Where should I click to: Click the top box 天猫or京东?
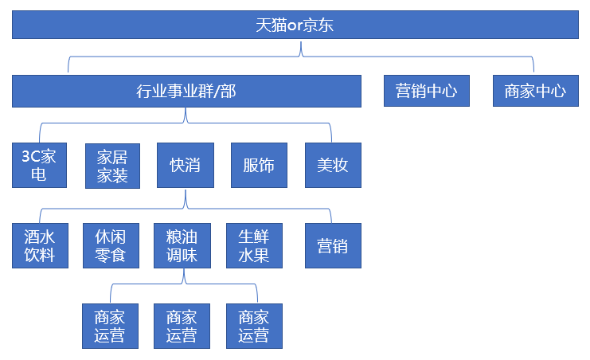click(x=295, y=25)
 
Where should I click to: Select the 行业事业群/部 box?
click(x=186, y=91)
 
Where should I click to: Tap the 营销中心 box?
click(x=426, y=91)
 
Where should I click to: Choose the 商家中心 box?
click(x=535, y=91)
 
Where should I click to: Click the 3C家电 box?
click(x=39, y=166)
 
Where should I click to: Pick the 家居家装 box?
click(x=112, y=166)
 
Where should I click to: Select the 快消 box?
click(x=185, y=166)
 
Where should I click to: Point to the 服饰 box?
click(x=258, y=166)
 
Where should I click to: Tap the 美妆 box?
click(x=333, y=166)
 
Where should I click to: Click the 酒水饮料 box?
click(x=39, y=246)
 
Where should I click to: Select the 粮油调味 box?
click(x=182, y=246)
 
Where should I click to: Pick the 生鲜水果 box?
click(x=254, y=246)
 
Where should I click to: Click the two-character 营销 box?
click(x=333, y=246)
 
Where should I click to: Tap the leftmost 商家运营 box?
click(x=110, y=326)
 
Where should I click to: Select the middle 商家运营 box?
click(x=182, y=326)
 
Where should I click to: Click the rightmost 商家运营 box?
click(x=254, y=326)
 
